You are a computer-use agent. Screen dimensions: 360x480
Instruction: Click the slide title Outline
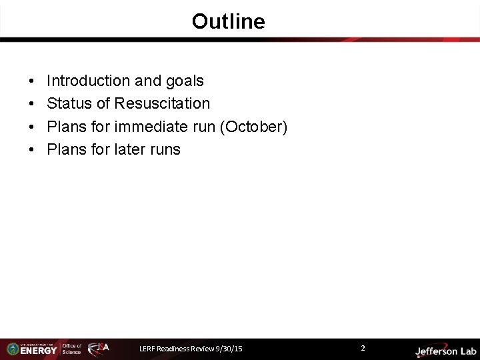(228, 21)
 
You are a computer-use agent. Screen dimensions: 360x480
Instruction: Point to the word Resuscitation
(162, 104)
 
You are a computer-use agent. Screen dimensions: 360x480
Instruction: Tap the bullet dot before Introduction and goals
(33, 82)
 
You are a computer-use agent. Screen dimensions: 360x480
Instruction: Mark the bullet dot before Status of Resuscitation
(33, 105)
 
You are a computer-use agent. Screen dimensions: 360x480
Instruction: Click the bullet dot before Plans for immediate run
(33, 127)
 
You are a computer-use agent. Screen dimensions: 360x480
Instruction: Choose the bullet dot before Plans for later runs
(33, 150)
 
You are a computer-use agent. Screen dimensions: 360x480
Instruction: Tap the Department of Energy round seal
(12, 349)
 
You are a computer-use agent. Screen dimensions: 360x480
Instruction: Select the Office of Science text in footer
(72, 349)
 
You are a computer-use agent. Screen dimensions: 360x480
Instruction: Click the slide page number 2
(363, 348)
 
